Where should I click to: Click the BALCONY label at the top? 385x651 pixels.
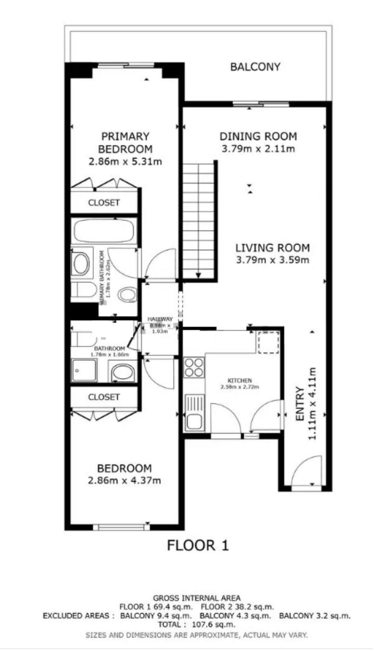pyautogui.click(x=255, y=67)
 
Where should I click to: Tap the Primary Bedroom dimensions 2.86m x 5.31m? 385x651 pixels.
pyautogui.click(x=125, y=162)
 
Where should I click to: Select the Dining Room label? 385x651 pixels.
pyautogui.click(x=258, y=136)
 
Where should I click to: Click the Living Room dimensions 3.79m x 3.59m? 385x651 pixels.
pyautogui.click(x=272, y=260)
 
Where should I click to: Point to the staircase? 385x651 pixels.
pyautogui.click(x=199, y=220)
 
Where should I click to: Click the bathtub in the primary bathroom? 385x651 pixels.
pyautogui.click(x=104, y=231)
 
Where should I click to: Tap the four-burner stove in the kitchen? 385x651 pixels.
pyautogui.click(x=194, y=367)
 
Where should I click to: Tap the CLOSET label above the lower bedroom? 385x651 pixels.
pyautogui.click(x=104, y=397)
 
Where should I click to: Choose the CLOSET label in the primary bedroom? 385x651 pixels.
pyautogui.click(x=104, y=202)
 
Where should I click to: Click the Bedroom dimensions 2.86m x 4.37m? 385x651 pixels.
pyautogui.click(x=124, y=480)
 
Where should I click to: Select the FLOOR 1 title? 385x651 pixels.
pyautogui.click(x=198, y=545)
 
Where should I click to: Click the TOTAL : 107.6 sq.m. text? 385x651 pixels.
pyautogui.click(x=197, y=624)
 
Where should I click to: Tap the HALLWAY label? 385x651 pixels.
pyautogui.click(x=160, y=319)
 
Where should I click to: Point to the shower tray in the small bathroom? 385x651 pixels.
pyautogui.click(x=85, y=370)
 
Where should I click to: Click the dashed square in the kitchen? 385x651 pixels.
pyautogui.click(x=267, y=342)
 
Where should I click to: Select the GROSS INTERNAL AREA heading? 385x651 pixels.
pyautogui.click(x=197, y=598)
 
